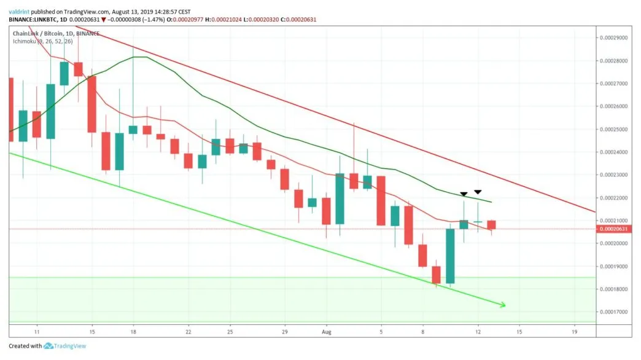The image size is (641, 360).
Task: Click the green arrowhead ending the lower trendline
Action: coord(502,304)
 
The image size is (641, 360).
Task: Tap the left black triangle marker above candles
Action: coord(464,195)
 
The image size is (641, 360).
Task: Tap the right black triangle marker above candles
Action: coord(478,192)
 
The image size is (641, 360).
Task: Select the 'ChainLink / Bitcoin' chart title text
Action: coord(36,33)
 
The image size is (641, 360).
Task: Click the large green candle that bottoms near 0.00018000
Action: coord(450,256)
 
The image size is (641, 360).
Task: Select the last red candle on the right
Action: coord(492,225)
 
